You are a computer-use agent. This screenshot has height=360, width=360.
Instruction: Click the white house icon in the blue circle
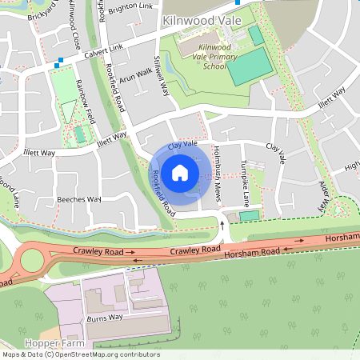point(180,172)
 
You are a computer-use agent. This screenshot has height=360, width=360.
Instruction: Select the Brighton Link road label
point(135,6)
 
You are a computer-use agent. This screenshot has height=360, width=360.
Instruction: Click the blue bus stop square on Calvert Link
point(60,60)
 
